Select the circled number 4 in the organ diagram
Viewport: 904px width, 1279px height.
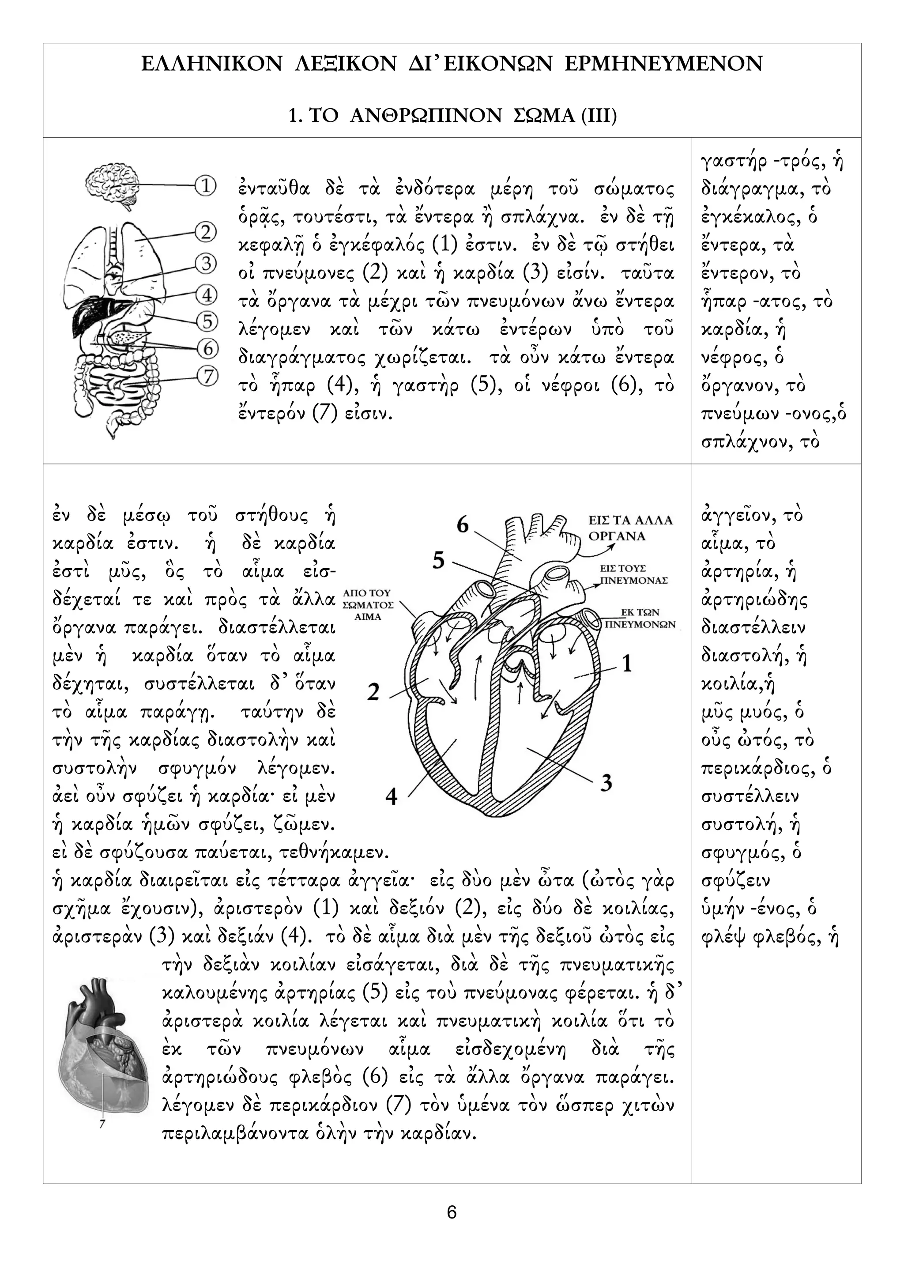tap(207, 294)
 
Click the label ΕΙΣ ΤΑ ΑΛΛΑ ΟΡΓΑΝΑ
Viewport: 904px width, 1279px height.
tap(630, 528)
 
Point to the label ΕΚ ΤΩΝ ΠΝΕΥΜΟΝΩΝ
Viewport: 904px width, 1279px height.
tap(640, 619)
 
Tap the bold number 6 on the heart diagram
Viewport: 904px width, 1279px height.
tap(462, 525)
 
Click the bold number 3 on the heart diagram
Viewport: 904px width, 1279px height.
tap(606, 782)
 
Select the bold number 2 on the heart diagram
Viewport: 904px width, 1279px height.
tap(373, 692)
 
